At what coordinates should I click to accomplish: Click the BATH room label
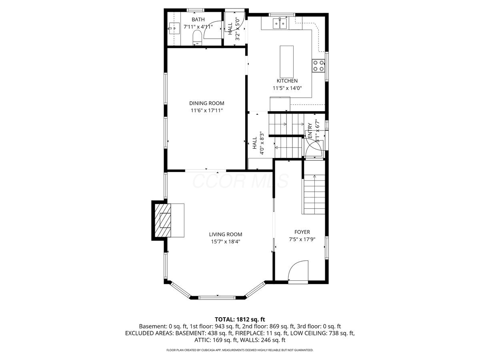(x=198, y=20)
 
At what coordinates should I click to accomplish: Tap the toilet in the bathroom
(x=197, y=38)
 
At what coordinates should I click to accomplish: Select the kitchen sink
(x=280, y=23)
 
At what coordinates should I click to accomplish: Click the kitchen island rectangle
(x=287, y=62)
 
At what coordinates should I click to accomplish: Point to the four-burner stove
(x=318, y=66)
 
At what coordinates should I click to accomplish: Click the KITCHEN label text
(x=287, y=81)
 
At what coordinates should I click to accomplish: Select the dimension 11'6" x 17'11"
(x=207, y=110)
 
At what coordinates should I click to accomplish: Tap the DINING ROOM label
(x=207, y=103)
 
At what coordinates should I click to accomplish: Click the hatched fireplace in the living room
(x=163, y=220)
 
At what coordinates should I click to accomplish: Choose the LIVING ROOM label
(x=226, y=234)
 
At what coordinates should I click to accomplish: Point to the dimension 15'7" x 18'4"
(x=226, y=242)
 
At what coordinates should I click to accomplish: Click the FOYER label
(x=302, y=232)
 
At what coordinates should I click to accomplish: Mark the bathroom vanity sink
(x=174, y=28)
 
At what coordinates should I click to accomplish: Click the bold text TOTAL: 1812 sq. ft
(x=240, y=319)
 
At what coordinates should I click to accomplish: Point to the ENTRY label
(x=310, y=131)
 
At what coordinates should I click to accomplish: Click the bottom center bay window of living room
(x=217, y=298)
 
